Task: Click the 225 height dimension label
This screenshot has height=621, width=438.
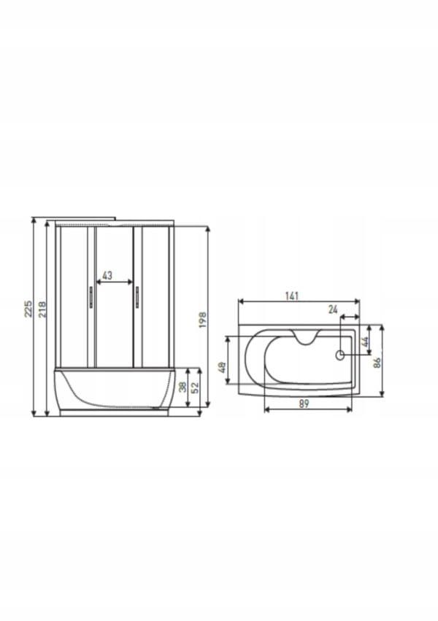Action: [x=28, y=309]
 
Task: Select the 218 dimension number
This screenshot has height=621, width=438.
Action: [x=42, y=309]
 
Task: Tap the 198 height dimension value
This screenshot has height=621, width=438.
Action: [x=203, y=320]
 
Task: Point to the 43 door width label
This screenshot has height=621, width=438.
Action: [x=107, y=275]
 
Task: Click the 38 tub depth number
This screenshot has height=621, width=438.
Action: [x=182, y=387]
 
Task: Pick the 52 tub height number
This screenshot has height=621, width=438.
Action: [x=195, y=387]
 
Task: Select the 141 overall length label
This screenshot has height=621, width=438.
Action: [x=291, y=296]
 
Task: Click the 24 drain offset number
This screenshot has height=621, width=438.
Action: [x=333, y=309]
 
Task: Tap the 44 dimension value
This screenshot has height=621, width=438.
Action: [x=365, y=342]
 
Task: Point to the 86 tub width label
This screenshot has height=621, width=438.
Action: [x=377, y=363]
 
